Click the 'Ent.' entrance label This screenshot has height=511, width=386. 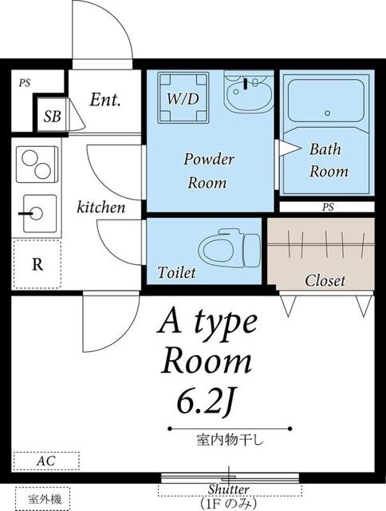click(104, 101)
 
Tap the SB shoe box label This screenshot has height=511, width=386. click(52, 117)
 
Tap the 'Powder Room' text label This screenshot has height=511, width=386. click(209, 171)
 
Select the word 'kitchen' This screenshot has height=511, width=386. click(100, 208)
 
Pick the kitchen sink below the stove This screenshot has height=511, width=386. click(37, 212)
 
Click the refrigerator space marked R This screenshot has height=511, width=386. click(37, 265)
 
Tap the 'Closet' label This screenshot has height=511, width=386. click(325, 281)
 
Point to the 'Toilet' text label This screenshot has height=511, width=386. click(176, 273)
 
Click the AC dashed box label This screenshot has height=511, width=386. click(45, 461)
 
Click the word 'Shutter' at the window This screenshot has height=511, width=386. click(229, 489)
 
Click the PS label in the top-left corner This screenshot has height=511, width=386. click(25, 82)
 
